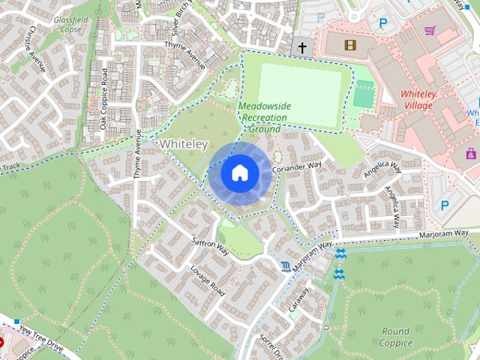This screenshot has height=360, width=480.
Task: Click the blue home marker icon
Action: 239,173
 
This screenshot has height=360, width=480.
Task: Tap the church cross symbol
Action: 303,48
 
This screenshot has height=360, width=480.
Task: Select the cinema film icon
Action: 350,45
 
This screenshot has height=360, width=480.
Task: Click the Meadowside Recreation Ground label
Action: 264,118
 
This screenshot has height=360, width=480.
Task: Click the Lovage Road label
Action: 208,279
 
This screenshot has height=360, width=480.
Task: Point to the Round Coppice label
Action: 395,337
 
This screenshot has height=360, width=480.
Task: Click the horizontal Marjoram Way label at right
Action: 443,235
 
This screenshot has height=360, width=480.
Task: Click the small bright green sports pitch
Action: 363,94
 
